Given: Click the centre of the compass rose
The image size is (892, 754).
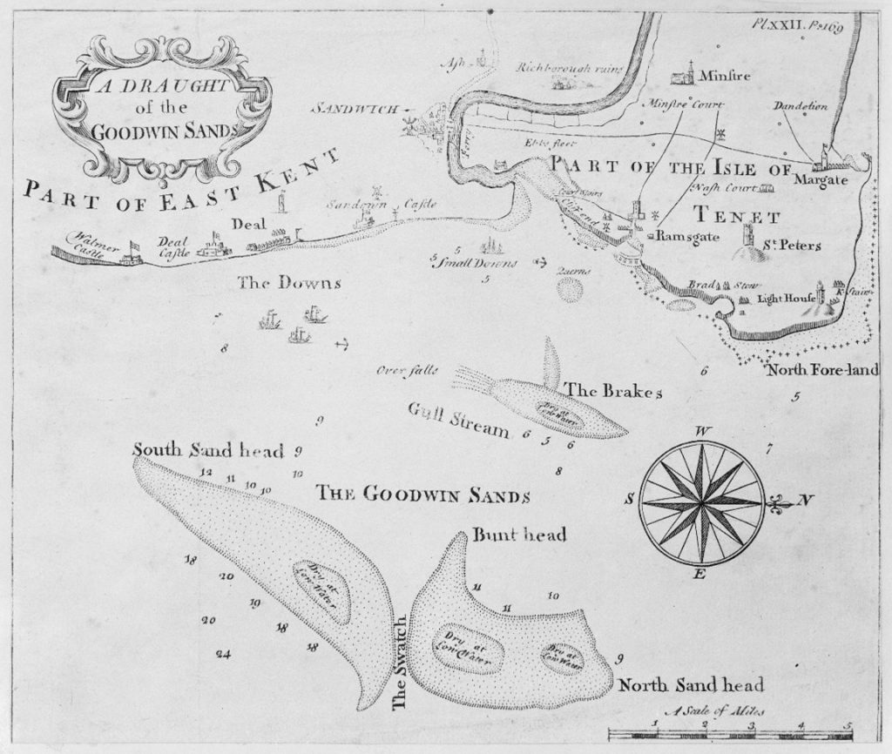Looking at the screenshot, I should tap(701, 502).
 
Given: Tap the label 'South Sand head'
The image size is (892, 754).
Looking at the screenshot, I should tap(208, 450).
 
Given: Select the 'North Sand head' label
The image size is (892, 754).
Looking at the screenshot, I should tap(691, 683).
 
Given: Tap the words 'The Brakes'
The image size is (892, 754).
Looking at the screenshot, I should tap(614, 391).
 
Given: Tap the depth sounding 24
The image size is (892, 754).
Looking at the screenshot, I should tap(223, 654).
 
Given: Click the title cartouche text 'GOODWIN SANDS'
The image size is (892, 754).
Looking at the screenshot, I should tap(163, 131).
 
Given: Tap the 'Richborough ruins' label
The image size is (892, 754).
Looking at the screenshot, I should tap(571, 68).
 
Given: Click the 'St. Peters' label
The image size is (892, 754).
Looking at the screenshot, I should tap(792, 246).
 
